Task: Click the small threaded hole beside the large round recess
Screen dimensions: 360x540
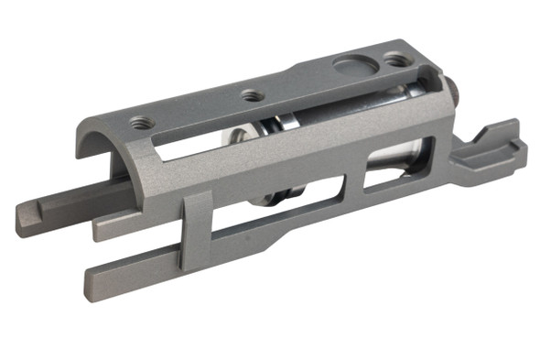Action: [x=395, y=60]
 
